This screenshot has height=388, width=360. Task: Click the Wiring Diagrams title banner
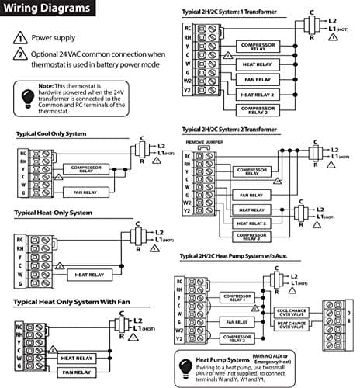point(48,10)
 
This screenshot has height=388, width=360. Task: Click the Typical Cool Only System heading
point(51,133)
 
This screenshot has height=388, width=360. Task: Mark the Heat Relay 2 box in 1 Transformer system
point(258,94)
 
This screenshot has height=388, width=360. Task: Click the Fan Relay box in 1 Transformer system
point(258,78)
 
